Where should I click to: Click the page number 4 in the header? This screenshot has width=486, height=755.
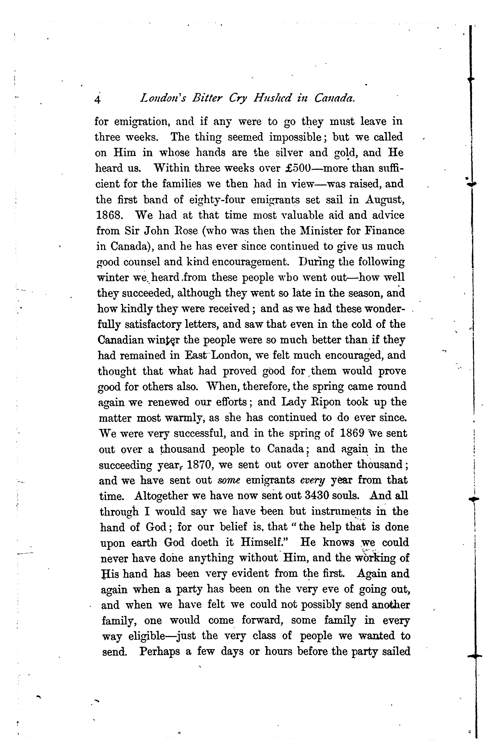click(x=97, y=100)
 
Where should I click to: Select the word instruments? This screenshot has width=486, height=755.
click(x=341, y=511)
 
